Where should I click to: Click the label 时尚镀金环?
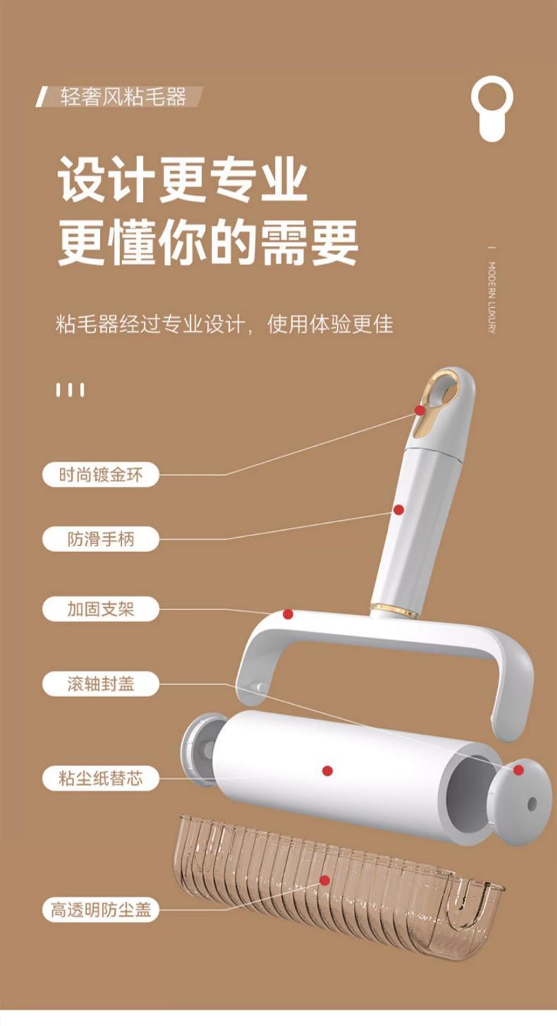[x=100, y=474]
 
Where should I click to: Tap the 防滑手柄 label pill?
[x=100, y=539]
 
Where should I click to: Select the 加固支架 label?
[x=100, y=609]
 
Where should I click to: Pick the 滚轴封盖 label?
[x=100, y=684]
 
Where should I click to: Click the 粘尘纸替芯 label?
[x=100, y=778]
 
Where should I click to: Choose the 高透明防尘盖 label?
[x=100, y=910]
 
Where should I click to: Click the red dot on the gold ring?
[x=420, y=409]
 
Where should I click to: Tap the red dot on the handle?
[x=398, y=509]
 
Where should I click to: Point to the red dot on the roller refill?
[x=327, y=771]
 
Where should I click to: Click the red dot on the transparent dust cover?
[x=324, y=880]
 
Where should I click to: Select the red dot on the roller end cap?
[x=518, y=770]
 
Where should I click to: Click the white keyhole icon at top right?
[x=492, y=108]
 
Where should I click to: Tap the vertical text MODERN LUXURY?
[x=492, y=297]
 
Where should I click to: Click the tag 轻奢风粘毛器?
[x=123, y=97]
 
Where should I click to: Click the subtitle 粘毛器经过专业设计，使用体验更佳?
[x=224, y=324]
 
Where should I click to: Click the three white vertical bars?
[x=70, y=390]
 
